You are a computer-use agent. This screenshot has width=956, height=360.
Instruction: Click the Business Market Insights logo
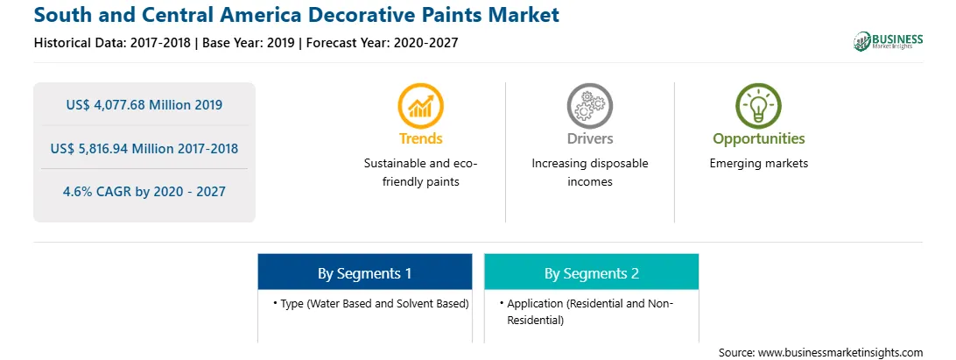click(x=888, y=41)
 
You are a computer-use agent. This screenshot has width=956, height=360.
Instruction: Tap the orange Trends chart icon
click(x=421, y=106)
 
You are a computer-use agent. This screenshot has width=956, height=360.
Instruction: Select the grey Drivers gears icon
click(x=589, y=106)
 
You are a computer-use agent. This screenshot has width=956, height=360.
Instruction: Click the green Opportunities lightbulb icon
click(x=758, y=106)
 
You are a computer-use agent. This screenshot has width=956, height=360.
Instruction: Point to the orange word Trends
click(x=421, y=138)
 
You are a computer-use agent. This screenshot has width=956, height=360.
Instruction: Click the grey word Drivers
click(x=590, y=138)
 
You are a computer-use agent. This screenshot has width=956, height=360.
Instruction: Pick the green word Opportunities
click(x=759, y=138)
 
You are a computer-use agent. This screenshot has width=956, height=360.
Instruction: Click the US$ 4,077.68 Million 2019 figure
click(x=144, y=105)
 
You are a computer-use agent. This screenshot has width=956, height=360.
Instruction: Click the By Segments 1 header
click(x=364, y=273)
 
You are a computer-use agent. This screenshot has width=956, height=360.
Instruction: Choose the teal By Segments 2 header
click(x=592, y=273)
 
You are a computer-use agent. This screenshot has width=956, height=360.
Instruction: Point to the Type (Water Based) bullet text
click(x=371, y=303)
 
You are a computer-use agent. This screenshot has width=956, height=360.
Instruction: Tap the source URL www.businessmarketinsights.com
click(x=841, y=352)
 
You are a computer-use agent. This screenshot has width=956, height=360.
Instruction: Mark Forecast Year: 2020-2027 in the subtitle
click(x=383, y=43)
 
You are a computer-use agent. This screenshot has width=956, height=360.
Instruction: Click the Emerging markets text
click(x=759, y=164)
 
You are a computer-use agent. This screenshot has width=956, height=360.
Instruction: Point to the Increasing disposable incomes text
click(x=590, y=172)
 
